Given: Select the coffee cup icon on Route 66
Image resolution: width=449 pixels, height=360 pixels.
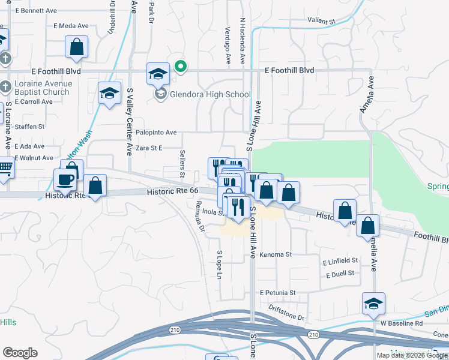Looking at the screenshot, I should pos(65,179).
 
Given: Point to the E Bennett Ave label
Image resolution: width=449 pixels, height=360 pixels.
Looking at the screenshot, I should pos(36,11).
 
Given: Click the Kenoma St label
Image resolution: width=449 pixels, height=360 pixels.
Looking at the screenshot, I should pos(276,254).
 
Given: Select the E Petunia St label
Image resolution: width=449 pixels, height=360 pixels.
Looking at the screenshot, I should pos(278,293).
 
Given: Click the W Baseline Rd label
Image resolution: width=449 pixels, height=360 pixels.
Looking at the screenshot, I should pos(402,323).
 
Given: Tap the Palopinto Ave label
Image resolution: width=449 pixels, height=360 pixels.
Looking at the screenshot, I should pos(156,133).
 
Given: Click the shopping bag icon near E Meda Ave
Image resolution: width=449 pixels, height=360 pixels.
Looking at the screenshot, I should pos(77,47).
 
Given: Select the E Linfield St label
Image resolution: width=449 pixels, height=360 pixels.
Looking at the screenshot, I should pos(340,261).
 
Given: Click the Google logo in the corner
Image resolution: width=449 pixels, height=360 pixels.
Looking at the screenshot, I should pos(20,353).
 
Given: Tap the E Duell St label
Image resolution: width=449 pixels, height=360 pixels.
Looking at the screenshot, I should pos(340,274).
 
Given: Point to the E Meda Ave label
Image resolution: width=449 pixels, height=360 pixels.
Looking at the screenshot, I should pos(71,26).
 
